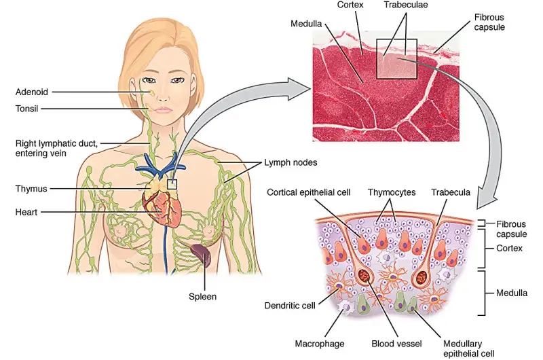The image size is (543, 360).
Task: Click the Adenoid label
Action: click(33, 91)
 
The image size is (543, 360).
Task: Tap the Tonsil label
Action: click(29, 108)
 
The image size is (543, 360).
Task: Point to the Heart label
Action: click(28, 213)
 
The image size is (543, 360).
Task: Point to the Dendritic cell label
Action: click(289, 306)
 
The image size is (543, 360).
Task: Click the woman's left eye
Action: click(178, 79)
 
